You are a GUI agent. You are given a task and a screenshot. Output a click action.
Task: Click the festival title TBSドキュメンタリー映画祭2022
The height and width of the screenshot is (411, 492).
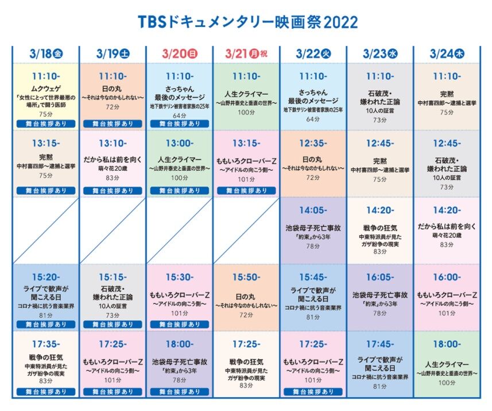click(248, 22)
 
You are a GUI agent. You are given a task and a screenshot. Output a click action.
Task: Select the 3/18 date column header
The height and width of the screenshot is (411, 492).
click(46, 53)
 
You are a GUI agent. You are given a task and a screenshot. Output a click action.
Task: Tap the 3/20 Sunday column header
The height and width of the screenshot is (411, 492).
click(180, 53)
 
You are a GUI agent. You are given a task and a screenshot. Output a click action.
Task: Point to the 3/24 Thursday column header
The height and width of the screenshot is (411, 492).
click(447, 53)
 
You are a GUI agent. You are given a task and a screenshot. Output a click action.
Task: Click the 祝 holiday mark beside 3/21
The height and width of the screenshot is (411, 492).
click(264, 53)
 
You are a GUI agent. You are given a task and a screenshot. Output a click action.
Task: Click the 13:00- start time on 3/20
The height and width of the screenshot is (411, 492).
click(180, 143)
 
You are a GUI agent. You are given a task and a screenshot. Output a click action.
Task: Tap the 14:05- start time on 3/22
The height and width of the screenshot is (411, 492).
click(313, 210)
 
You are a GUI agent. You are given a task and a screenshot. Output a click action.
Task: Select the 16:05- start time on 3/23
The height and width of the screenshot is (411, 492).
click(380, 277)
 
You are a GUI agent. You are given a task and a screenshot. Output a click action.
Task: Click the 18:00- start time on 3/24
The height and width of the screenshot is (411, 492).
click(447, 344)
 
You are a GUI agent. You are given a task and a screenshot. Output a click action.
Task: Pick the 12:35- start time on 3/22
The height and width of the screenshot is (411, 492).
click(313, 143)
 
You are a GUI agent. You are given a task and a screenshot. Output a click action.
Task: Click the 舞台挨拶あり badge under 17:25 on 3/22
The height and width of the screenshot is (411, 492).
click(313, 391)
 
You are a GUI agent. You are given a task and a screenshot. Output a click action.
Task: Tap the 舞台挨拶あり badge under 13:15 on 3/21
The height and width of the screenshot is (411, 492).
click(246, 190)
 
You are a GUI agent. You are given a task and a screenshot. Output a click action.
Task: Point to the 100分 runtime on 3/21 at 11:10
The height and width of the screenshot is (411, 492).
click(246, 112)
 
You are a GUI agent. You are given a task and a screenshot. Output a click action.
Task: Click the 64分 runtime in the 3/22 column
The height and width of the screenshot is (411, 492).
click(313, 119)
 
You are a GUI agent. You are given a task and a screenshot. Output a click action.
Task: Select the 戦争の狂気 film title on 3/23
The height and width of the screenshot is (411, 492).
click(380, 228)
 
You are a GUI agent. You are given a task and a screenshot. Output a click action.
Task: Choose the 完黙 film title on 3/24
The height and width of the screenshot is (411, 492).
click(447, 94)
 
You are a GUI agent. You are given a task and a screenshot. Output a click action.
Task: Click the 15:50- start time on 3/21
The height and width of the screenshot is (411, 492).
click(246, 277)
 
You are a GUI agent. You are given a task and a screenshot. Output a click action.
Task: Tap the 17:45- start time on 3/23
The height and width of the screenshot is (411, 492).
click(380, 344)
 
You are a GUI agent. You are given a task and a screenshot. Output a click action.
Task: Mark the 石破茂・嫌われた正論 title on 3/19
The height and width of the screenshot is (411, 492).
click(113, 293)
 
